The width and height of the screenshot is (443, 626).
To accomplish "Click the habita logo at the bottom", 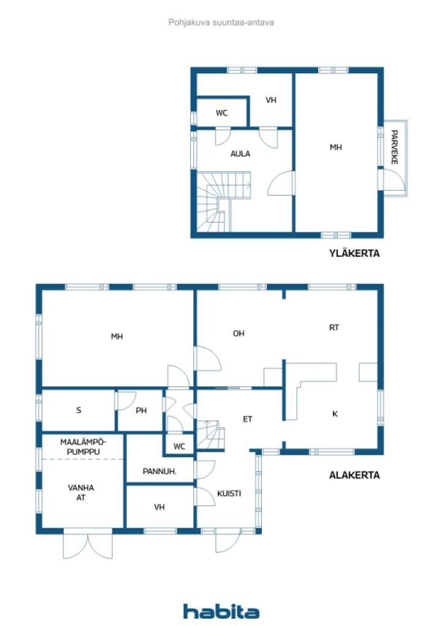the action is (x=221, y=611).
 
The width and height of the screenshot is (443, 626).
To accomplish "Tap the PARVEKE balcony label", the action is (x=394, y=147).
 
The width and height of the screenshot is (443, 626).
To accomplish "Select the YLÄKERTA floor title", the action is (x=354, y=253).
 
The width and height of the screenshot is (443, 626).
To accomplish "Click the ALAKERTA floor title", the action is (x=354, y=475).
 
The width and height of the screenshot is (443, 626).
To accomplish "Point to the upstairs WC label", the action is (x=221, y=113).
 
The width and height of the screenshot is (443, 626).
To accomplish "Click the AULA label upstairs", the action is (x=240, y=153).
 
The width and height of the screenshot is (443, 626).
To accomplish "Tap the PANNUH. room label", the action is (x=160, y=471).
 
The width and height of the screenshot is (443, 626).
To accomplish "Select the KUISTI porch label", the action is (x=229, y=493).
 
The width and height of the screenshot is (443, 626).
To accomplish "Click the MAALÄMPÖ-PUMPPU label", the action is (x=83, y=447).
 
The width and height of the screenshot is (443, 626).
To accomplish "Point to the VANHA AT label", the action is (x=81, y=493).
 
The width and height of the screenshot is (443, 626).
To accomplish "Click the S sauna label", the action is (x=79, y=410).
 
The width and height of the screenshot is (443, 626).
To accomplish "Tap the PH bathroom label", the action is (x=141, y=410).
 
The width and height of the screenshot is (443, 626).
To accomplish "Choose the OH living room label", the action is (x=239, y=333).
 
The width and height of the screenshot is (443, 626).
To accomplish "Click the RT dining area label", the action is (x=334, y=328).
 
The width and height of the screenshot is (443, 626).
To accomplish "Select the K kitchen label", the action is (x=335, y=414).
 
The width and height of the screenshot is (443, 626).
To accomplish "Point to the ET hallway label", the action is (x=248, y=419).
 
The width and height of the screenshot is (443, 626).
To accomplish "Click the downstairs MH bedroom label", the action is (x=117, y=337).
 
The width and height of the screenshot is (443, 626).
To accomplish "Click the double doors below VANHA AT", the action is (x=88, y=545).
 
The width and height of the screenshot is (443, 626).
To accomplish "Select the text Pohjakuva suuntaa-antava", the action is (x=221, y=23).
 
